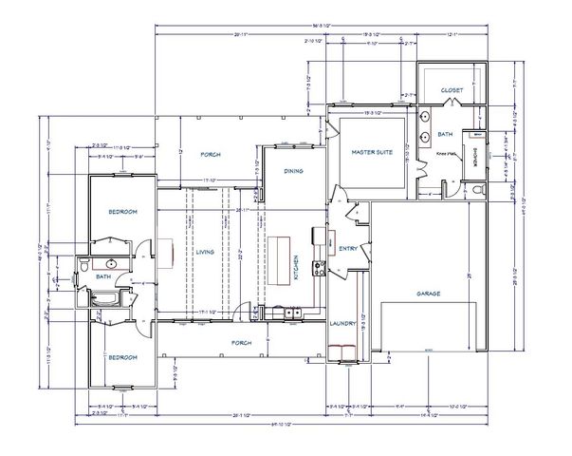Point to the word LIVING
tap(203, 252)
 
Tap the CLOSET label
tap(452, 90)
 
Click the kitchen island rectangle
tap(280, 257)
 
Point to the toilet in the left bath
tap(85, 263)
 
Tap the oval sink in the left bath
tap(111, 263)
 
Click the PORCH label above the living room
tap(210, 154)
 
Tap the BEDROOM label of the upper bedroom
tap(124, 210)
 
